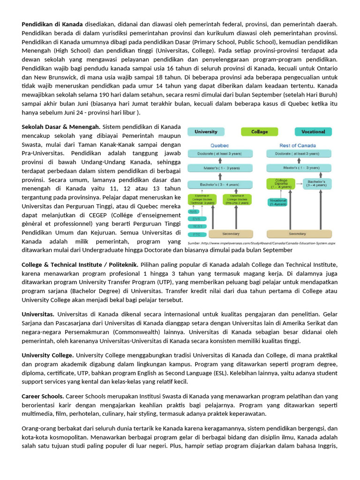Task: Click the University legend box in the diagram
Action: (206, 132)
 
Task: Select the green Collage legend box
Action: (259, 132)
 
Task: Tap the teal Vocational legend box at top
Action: (313, 132)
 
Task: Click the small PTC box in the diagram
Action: (196, 233)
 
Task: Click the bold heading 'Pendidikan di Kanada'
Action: (52, 24)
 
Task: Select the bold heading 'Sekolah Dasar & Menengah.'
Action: (61, 127)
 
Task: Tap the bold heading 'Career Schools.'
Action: (43, 397)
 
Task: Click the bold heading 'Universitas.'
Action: (38, 314)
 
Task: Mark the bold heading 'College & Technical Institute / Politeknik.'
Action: (80, 265)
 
